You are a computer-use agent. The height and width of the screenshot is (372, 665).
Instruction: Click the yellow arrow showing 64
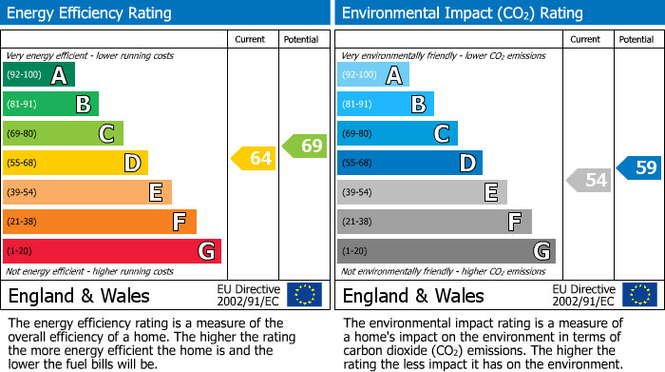tap(254, 159)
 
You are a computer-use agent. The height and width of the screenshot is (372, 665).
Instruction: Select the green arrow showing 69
tap(305, 146)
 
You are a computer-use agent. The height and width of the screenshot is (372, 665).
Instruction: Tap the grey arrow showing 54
tap(589, 180)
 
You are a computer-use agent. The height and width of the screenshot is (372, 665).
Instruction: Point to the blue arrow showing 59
tap(639, 168)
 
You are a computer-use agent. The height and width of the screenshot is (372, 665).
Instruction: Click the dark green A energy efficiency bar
tap(38, 75)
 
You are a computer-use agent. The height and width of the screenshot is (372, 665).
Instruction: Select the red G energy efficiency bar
tap(111, 251)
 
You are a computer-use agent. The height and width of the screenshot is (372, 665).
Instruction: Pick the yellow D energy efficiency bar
tap(75, 164)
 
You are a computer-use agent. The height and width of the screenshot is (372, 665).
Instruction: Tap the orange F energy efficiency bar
tap(99, 222)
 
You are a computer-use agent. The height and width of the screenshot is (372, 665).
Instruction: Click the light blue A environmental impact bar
tap(372, 75)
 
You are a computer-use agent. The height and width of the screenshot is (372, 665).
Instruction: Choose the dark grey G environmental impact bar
tap(446, 251)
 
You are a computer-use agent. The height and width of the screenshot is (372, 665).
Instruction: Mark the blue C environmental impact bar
tap(397, 134)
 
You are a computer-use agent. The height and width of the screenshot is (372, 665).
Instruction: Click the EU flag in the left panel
tap(304, 295)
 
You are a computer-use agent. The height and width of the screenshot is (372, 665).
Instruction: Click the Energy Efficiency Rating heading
tap(90, 13)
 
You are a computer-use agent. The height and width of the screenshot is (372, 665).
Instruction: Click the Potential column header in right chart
tap(636, 40)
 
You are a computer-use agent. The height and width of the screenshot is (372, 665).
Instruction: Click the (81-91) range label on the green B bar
tap(24, 105)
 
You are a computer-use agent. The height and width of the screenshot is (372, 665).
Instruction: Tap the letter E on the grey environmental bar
tap(490, 193)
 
